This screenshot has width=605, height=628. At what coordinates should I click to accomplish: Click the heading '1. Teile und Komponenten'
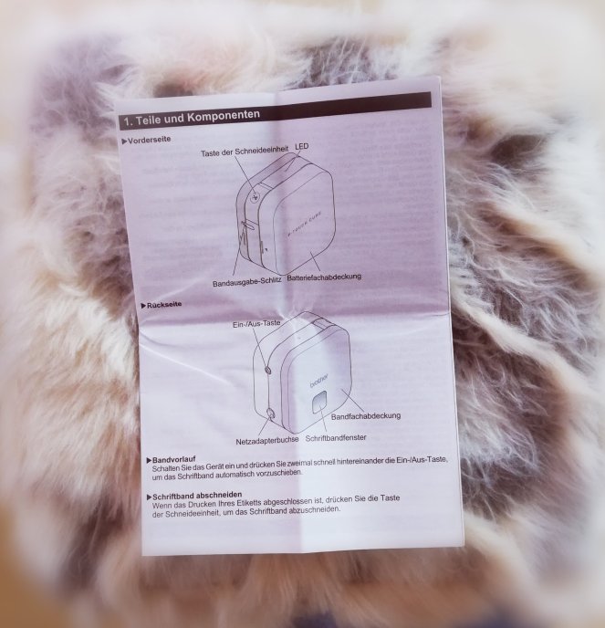coord(192,119)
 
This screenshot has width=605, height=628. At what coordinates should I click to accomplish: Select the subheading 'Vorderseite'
coord(149,140)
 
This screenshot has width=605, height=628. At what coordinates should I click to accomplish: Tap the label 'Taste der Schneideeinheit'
coord(245,152)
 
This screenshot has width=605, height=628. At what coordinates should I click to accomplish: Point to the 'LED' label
coord(302,146)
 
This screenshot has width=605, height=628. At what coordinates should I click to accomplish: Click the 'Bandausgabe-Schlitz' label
coord(246,281)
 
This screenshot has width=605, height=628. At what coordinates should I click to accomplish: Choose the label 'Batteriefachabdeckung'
coord(324,277)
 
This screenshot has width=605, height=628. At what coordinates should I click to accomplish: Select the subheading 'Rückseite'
coord(163,305)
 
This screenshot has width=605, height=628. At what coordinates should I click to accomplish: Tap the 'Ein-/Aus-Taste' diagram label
coord(256,324)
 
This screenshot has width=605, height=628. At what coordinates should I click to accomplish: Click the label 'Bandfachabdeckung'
coord(366,416)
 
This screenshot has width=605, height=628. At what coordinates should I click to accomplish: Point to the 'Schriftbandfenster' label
coord(336,438)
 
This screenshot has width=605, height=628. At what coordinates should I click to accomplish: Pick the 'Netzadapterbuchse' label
coord(267,441)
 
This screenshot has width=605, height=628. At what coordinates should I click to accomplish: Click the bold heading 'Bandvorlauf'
coord(173,459)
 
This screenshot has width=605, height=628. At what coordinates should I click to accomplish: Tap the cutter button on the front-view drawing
coord(255,196)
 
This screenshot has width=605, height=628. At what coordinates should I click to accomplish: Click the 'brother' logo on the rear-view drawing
coord(318,381)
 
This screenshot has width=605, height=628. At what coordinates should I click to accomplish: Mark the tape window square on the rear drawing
coord(319,402)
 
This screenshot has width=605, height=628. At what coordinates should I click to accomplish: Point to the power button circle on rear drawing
coord(268,370)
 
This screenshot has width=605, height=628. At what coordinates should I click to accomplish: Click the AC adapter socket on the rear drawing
coord(270,413)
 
